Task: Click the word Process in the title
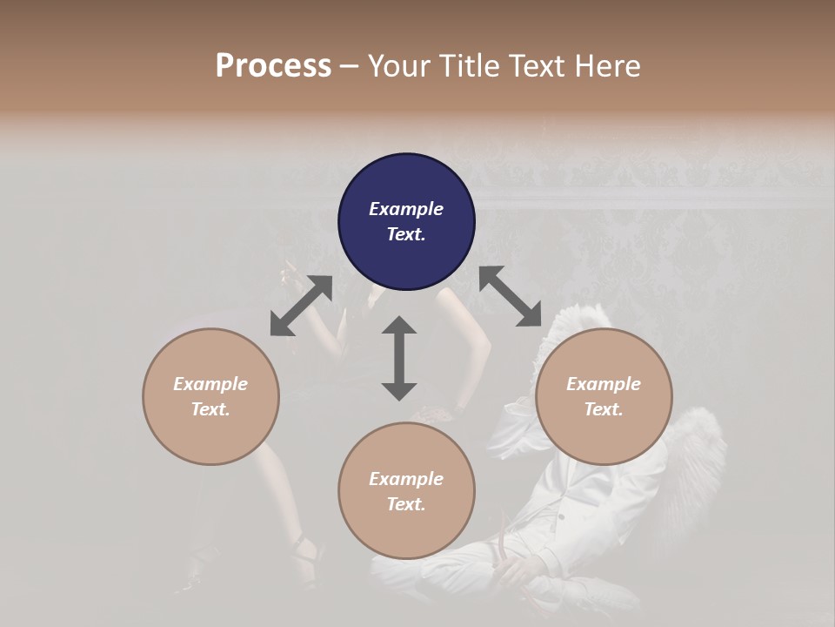point(273,66)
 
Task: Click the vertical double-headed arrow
point(399,358)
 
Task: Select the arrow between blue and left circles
point(301,305)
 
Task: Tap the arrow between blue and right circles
point(511,296)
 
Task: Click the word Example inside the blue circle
point(406,209)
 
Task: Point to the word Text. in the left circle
point(210,409)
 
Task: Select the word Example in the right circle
point(604,384)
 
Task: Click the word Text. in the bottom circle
point(406,504)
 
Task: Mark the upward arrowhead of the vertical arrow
point(399,326)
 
